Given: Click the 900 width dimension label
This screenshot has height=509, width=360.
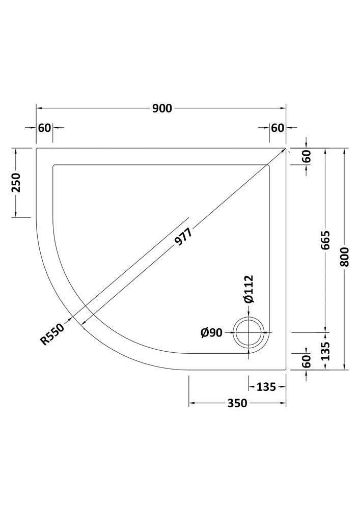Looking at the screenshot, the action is click(x=162, y=108).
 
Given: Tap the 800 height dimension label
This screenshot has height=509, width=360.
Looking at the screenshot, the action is click(x=345, y=257).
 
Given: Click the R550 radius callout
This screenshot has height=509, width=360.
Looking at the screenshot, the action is click(x=52, y=334).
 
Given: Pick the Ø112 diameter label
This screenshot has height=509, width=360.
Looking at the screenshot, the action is click(x=249, y=289).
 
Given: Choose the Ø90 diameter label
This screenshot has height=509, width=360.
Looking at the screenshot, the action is click(x=211, y=332).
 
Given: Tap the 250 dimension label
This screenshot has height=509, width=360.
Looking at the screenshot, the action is click(x=16, y=182).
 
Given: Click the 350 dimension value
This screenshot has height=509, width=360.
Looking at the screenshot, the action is click(x=237, y=403).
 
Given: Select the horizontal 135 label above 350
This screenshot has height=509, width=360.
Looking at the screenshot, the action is click(x=266, y=387).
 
